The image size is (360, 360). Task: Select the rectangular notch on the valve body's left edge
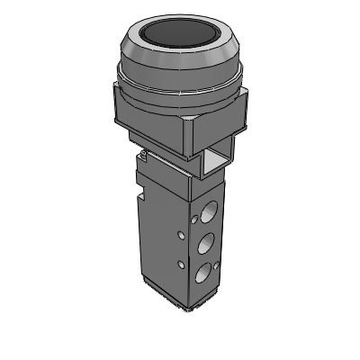coord(141,191)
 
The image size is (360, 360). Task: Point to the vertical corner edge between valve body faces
coord(191,243)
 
